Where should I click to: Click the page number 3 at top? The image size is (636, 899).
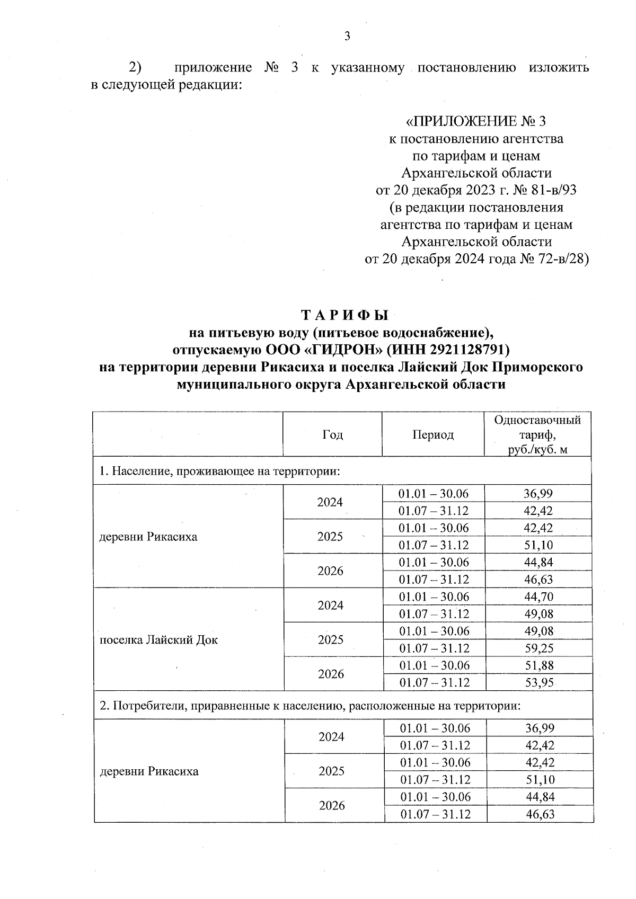pos(347,36)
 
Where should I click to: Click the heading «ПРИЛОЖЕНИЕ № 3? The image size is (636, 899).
pos(475,122)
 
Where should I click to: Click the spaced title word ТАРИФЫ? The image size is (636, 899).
pos(344,315)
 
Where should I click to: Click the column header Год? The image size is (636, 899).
pos(332,435)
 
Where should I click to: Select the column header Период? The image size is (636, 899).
pos(433,435)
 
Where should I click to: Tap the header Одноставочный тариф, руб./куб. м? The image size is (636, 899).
pos(537,435)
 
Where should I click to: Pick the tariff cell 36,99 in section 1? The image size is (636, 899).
pos(538,494)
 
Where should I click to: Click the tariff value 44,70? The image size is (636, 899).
pos(538,597)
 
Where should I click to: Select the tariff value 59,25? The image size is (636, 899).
pos(538,648)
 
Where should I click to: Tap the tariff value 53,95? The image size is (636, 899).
pos(538,683)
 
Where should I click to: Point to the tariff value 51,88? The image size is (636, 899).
pos(538,666)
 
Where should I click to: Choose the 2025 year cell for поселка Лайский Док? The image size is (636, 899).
pos(331,640)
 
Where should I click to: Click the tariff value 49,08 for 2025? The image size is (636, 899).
pos(538,631)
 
